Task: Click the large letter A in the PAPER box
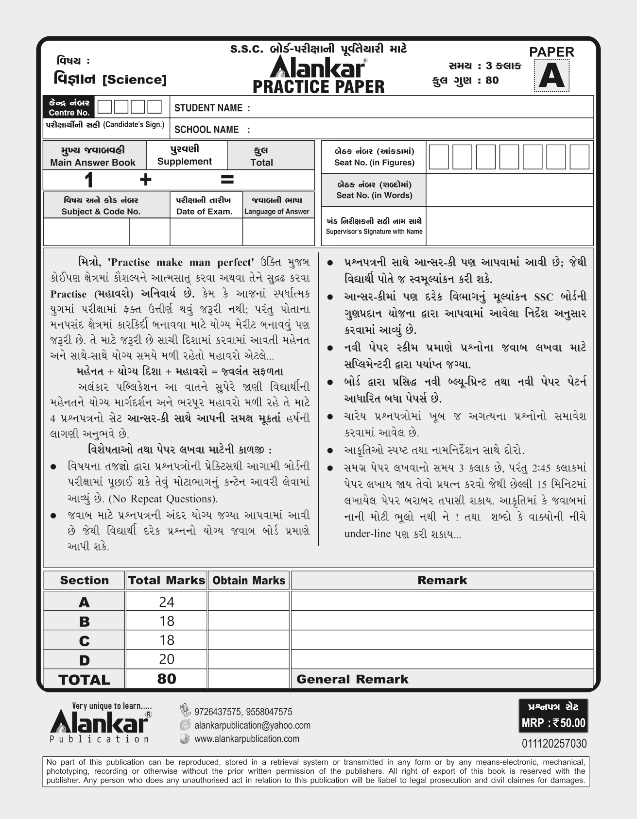[x=551, y=76]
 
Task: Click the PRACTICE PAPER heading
[x=318, y=87]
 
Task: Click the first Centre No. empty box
[x=104, y=107]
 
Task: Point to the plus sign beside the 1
[x=145, y=180]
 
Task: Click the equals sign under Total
[x=227, y=180]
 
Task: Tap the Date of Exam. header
[x=204, y=211]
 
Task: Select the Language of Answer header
[x=276, y=211]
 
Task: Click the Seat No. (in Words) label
[x=374, y=195]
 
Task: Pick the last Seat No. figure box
[x=579, y=157]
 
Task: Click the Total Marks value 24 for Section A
[x=166, y=602]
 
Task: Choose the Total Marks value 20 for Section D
[x=166, y=659]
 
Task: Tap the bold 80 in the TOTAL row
[x=166, y=679]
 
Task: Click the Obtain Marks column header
[x=249, y=580]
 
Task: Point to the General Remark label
[x=352, y=679]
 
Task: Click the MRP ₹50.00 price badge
[x=553, y=723]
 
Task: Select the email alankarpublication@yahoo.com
[x=252, y=725]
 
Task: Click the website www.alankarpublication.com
[x=246, y=739]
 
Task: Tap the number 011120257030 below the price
[x=554, y=744]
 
